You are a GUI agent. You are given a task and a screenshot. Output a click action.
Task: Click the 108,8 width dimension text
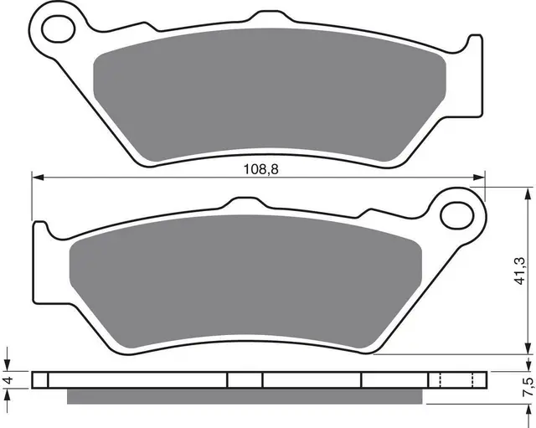[257, 168]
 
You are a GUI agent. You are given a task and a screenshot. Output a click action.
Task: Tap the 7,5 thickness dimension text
[527, 387]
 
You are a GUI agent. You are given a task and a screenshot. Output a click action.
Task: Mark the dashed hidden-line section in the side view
[451, 379]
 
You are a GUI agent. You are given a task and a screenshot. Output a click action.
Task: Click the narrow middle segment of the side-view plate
[245, 379]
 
